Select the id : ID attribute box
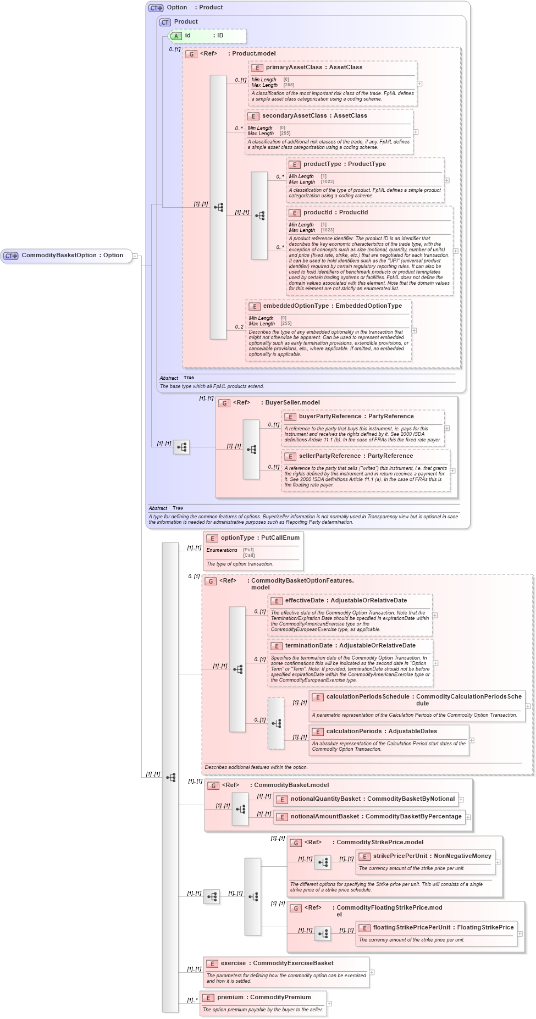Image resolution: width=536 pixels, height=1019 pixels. [207, 36]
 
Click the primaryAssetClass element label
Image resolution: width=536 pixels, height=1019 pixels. [314, 68]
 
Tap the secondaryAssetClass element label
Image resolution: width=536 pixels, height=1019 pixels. [314, 116]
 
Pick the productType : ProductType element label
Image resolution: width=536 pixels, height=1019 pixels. [344, 164]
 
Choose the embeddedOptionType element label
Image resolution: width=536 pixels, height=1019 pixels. [332, 306]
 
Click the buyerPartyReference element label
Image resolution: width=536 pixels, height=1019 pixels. [356, 417]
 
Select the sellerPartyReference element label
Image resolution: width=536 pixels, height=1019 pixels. [356, 456]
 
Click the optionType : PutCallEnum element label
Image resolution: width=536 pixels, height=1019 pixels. [259, 538]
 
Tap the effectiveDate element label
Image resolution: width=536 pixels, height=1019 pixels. [346, 601]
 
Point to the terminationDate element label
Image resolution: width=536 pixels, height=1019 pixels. [350, 646]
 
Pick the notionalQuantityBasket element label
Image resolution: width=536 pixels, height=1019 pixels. [372, 799]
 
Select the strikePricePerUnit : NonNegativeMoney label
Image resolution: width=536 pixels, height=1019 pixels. [432, 856]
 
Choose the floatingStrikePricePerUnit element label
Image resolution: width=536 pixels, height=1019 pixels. [443, 928]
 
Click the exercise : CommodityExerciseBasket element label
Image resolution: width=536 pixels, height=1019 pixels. [277, 963]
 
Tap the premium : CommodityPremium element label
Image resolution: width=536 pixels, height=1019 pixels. [263, 998]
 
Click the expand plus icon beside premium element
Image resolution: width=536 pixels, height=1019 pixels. [329, 1004]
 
